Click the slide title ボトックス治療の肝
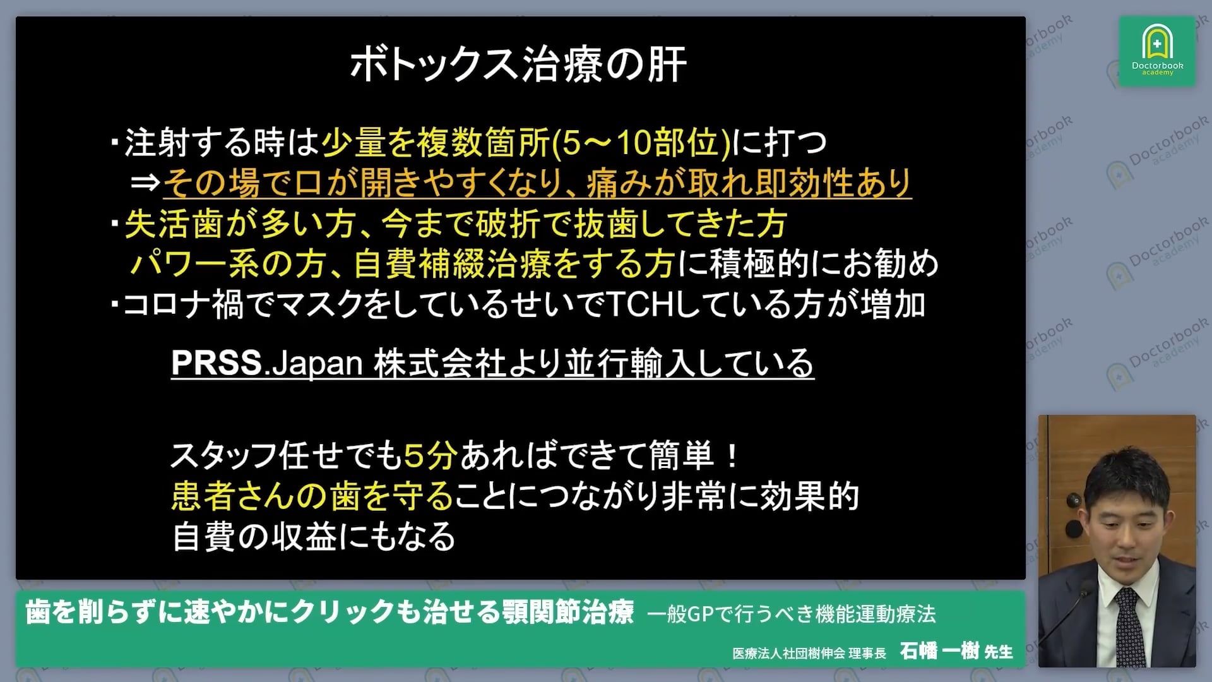pyautogui.click(x=518, y=64)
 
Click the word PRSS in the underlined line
pyautogui.click(x=217, y=363)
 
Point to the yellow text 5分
pyautogui.click(x=431, y=456)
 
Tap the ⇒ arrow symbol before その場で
pyautogui.click(x=145, y=183)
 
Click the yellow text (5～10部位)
pyautogui.click(x=641, y=143)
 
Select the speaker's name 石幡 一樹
pyautogui.click(x=939, y=650)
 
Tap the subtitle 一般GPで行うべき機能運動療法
pyautogui.click(x=792, y=614)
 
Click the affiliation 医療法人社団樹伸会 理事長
pyautogui.click(x=809, y=653)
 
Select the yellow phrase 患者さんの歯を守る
pyautogui.click(x=312, y=496)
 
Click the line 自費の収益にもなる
pyautogui.click(x=314, y=537)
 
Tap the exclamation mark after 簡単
pyautogui.click(x=732, y=456)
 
